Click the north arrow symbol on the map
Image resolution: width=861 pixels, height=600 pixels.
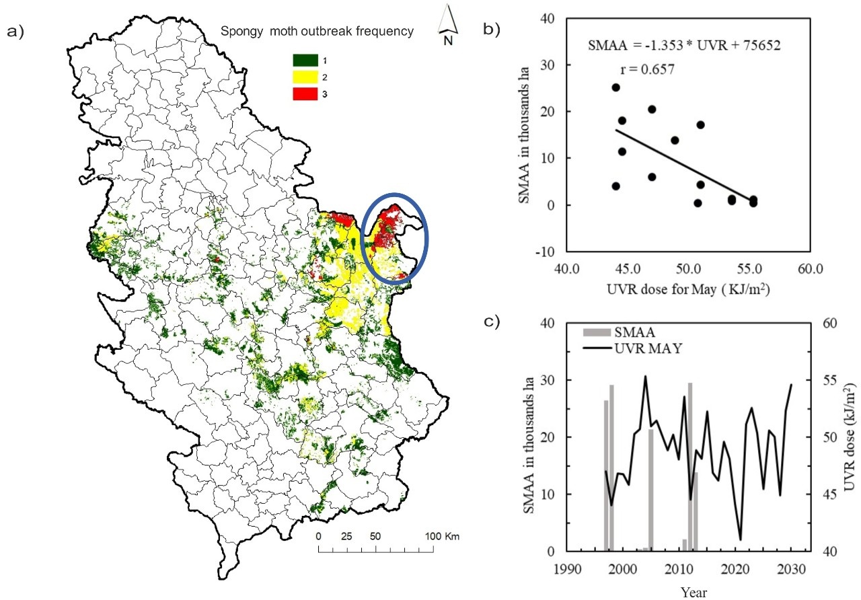coord(447,20)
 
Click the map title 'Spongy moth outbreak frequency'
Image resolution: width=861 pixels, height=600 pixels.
coord(317,31)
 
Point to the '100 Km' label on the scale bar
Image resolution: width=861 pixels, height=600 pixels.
coord(442,536)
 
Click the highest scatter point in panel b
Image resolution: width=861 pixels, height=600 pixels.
coord(615,87)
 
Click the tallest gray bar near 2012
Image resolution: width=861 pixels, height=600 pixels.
coord(690,467)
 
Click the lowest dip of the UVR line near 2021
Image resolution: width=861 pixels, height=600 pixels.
coord(741,539)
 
